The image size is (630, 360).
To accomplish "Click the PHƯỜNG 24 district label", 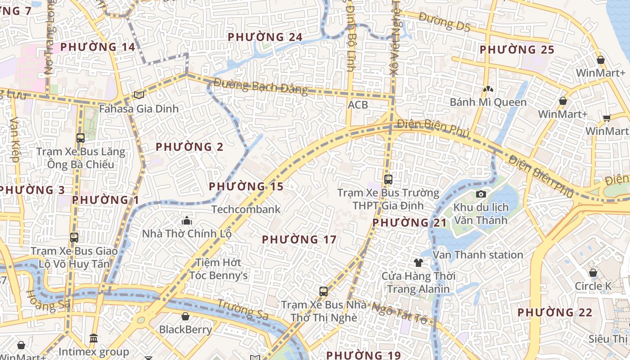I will tap(265, 37).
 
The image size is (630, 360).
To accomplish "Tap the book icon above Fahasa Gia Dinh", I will tap(139, 95).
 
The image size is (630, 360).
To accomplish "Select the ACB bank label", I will tap(358, 105).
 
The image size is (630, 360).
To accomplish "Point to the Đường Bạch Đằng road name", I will tap(261, 86).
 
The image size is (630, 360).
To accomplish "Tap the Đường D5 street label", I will tap(444, 22).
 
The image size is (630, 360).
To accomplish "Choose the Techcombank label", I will tap(246, 209).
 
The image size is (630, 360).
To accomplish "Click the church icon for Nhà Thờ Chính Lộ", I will tap(186, 220).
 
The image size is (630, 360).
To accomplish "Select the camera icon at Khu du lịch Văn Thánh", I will tap(481, 194).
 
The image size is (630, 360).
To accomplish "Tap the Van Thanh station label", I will tap(477, 255).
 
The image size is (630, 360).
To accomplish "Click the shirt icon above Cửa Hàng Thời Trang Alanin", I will tap(418, 262).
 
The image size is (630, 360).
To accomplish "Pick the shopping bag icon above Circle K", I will tap(593, 273).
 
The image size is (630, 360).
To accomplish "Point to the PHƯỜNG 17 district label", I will tap(299, 239).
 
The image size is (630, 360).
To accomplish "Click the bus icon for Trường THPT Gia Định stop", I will tap(388, 180).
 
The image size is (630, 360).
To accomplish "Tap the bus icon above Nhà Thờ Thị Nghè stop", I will tap(324, 291).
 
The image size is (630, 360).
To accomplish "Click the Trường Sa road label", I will tap(243, 309).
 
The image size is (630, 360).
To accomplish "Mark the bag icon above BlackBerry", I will tap(185, 316).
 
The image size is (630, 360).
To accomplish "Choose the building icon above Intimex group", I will tap(94, 338).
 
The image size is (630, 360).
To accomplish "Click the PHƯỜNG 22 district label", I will tap(554, 312).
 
